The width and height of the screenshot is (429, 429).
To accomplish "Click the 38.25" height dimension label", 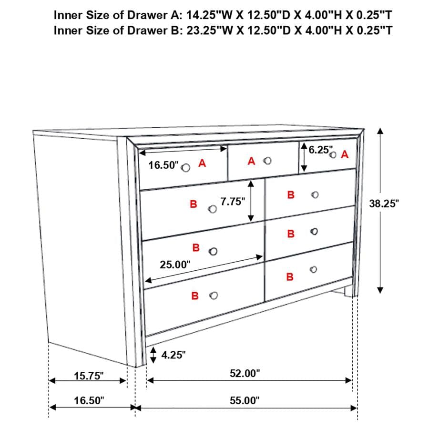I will click(384, 204).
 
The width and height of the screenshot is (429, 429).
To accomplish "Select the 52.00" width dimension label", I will click(245, 373).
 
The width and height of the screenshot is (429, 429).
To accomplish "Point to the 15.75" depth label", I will click(89, 376).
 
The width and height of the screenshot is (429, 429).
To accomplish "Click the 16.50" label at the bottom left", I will click(89, 400).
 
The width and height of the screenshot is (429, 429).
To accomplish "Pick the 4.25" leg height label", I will click(174, 355).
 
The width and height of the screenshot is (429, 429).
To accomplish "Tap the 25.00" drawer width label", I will click(175, 265).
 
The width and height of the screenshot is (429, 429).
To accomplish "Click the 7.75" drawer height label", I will click(233, 202).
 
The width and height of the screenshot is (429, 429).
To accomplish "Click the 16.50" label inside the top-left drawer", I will click(163, 165).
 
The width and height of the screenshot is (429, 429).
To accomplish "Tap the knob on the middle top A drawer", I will click(268, 161).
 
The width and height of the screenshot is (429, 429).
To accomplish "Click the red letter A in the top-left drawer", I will click(202, 163).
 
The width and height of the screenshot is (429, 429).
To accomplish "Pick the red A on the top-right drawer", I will click(345, 154).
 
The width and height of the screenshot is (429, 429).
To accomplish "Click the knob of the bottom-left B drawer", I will click(214, 296).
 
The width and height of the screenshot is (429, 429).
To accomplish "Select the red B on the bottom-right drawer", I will click(289, 276).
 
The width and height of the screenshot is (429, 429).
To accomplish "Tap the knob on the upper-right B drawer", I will click(314, 195).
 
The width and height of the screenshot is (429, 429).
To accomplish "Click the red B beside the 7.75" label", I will click(193, 204).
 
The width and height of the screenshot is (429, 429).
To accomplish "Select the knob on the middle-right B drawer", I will click(313, 232).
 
